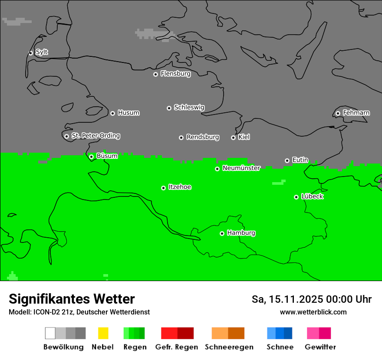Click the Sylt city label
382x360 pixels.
(x=42, y=52)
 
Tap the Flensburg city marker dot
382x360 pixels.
(x=155, y=74)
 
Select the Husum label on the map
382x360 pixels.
(x=128, y=113)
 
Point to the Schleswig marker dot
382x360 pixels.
(x=169, y=108)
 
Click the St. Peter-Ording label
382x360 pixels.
(x=95, y=136)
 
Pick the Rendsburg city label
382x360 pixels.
(x=203, y=137)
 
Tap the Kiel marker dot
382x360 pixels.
(x=233, y=137)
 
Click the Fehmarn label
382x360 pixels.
(x=356, y=113)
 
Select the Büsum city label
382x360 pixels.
(x=107, y=156)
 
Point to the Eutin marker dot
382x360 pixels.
(x=287, y=160)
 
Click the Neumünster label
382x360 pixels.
(x=241, y=168)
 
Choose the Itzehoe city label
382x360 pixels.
(x=180, y=187)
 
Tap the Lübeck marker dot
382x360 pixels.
(x=296, y=197)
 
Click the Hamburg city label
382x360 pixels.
(x=241, y=233)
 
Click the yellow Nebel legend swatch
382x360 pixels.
(x=103, y=333)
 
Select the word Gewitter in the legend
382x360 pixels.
(x=320, y=347)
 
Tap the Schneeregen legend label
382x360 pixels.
(x=229, y=347)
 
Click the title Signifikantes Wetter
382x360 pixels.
(x=72, y=299)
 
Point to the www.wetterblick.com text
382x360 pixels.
(x=313, y=312)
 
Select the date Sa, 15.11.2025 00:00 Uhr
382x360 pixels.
(x=311, y=299)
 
